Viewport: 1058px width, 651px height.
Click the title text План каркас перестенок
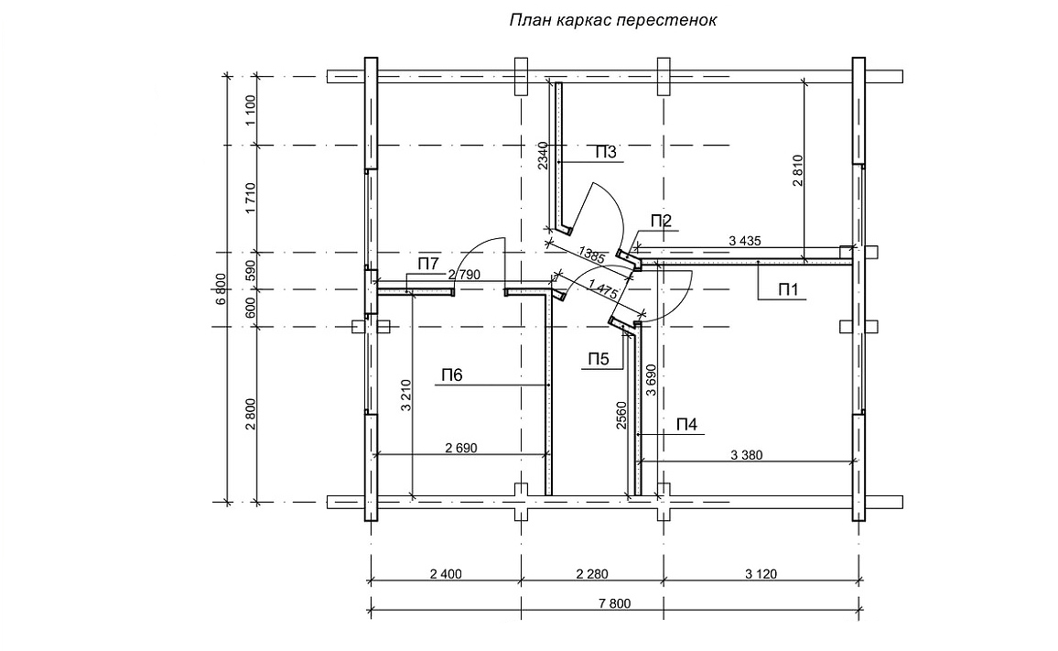(x=613, y=20)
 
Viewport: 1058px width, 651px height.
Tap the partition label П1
(x=789, y=290)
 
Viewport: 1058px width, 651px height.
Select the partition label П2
(x=661, y=220)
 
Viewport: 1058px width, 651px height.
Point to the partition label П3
(x=606, y=152)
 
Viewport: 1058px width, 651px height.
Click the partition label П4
(x=686, y=424)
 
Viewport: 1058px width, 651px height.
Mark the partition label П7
(x=428, y=265)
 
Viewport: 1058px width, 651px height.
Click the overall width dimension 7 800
(x=615, y=604)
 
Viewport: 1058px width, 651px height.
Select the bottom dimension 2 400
(x=445, y=574)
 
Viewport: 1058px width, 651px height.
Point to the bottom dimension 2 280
(x=591, y=574)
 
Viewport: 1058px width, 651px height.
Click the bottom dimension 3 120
(x=761, y=574)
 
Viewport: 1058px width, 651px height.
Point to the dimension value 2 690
(x=462, y=448)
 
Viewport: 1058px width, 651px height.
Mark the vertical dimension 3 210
(x=405, y=395)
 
